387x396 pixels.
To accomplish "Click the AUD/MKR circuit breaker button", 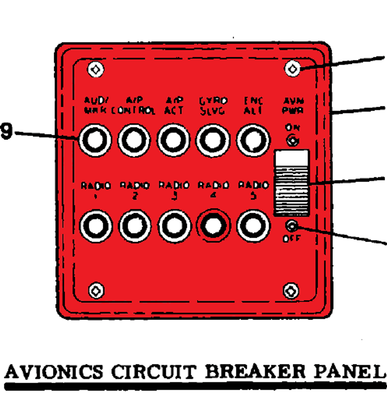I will coord(95,140).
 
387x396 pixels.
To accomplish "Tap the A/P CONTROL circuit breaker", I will coord(134,140).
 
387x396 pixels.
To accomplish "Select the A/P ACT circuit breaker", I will coord(173,140).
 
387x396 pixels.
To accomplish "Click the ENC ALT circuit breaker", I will coord(253,140).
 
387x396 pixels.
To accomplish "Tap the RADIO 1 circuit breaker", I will coord(95,226).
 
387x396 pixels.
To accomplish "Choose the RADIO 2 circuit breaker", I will coord(135,226).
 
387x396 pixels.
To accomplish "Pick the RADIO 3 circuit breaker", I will coord(174,226).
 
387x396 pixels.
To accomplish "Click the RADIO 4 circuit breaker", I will coord(213,226).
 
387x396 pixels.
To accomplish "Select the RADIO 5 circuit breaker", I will coord(253,226).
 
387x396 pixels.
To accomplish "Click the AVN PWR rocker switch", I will coord(292,183).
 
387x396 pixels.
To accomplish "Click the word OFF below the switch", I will coord(291,239).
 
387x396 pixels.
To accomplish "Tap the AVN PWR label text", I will coord(293,106).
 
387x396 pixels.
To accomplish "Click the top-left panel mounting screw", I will coord(95,69).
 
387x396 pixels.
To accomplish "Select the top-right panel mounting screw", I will coord(292,69).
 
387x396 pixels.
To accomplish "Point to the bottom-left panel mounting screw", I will coord(96,290).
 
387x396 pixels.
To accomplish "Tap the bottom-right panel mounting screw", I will coord(291,291).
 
